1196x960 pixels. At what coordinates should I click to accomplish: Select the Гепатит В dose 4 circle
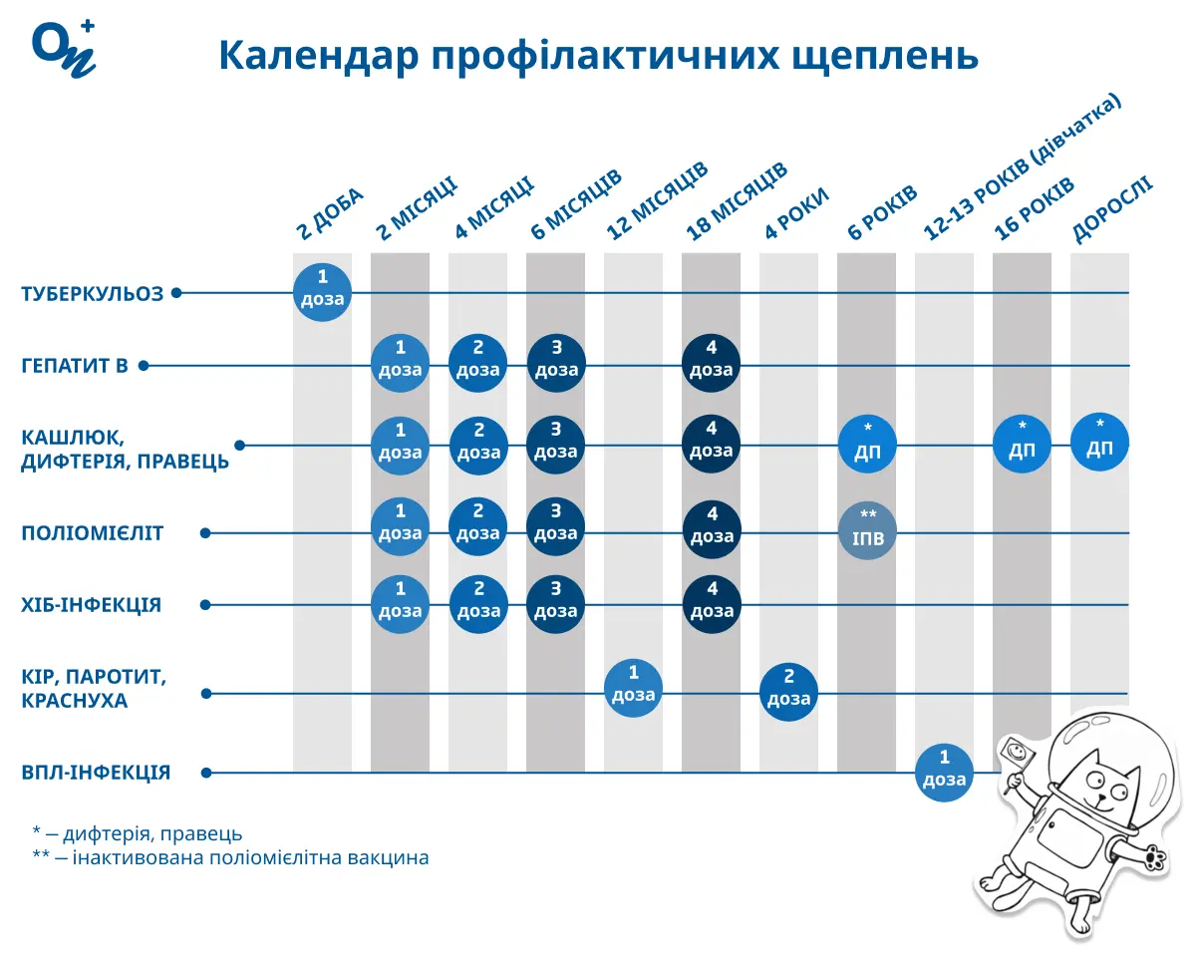(x=712, y=360)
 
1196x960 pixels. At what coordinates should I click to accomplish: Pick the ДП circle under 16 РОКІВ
(x=1022, y=443)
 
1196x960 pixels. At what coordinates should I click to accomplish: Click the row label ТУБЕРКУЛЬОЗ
(x=92, y=294)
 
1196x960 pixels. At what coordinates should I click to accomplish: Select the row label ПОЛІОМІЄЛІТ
(x=92, y=533)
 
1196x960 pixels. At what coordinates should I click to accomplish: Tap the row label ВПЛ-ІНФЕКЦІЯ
(x=96, y=773)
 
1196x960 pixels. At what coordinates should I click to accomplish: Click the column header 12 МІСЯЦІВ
(x=657, y=201)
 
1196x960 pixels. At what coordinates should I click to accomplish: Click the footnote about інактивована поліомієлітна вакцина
(x=230, y=858)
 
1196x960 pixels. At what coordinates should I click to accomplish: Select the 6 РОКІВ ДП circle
(x=867, y=444)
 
